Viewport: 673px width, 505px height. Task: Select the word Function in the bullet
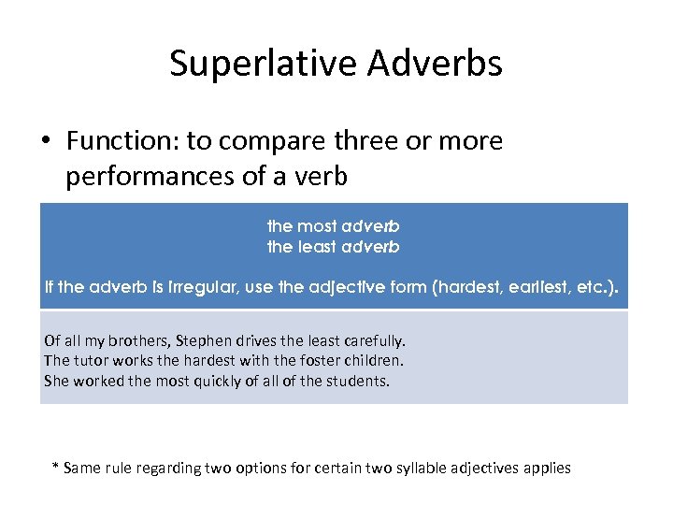coord(122,141)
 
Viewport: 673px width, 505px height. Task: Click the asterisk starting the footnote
coord(55,466)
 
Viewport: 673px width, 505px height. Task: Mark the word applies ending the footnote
coord(547,467)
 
